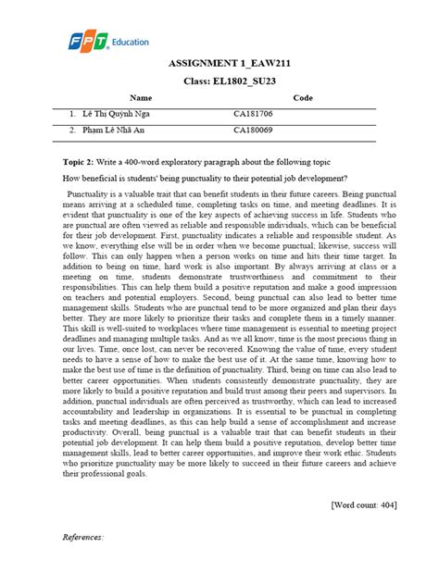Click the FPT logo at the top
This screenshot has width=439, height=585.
click(x=89, y=42)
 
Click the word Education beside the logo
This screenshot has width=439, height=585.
click(x=130, y=43)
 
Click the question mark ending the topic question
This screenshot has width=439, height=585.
click(x=345, y=177)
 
